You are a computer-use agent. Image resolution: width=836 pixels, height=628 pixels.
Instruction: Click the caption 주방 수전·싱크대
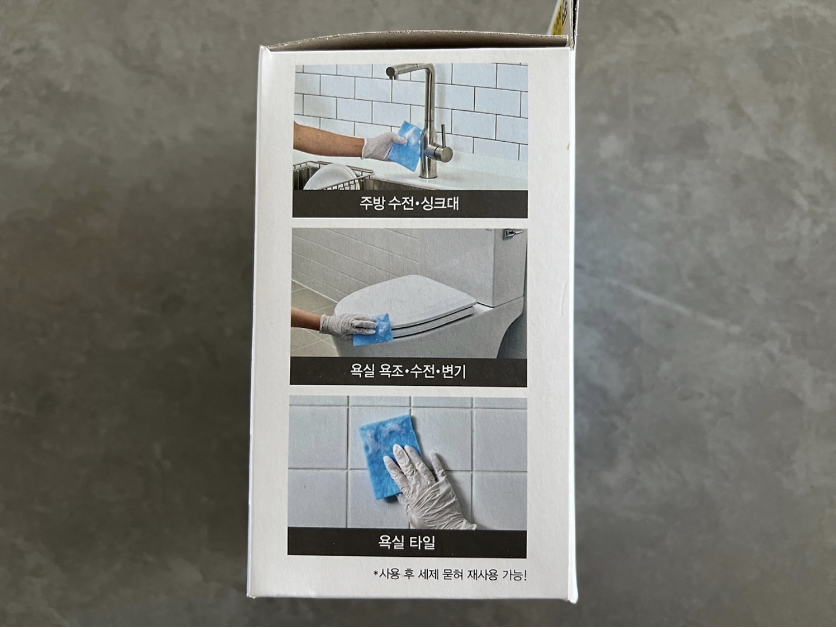(409, 204)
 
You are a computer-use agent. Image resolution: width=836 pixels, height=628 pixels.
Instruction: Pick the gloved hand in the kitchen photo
(381, 146)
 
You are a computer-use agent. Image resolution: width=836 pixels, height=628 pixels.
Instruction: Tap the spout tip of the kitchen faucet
(390, 72)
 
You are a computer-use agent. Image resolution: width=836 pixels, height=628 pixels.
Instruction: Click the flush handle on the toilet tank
(513, 233)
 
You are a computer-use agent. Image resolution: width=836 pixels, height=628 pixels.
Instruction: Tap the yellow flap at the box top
(558, 17)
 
